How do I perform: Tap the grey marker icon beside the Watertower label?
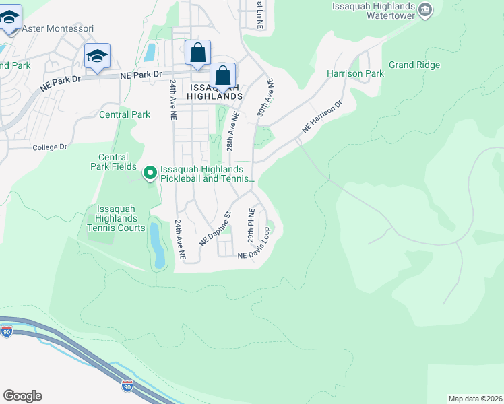point(425,9)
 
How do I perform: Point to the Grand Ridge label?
point(414,65)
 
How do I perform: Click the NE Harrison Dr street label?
point(322,116)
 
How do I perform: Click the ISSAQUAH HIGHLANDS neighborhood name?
point(215,92)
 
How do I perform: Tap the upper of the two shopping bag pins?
point(197,53)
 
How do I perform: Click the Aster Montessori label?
point(57,28)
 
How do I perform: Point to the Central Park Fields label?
point(108,162)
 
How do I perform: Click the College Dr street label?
point(50,147)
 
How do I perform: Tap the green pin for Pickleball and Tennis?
point(150,174)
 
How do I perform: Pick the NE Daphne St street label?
point(215,229)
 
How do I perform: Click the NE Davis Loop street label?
point(254,246)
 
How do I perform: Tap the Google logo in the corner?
point(22,396)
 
